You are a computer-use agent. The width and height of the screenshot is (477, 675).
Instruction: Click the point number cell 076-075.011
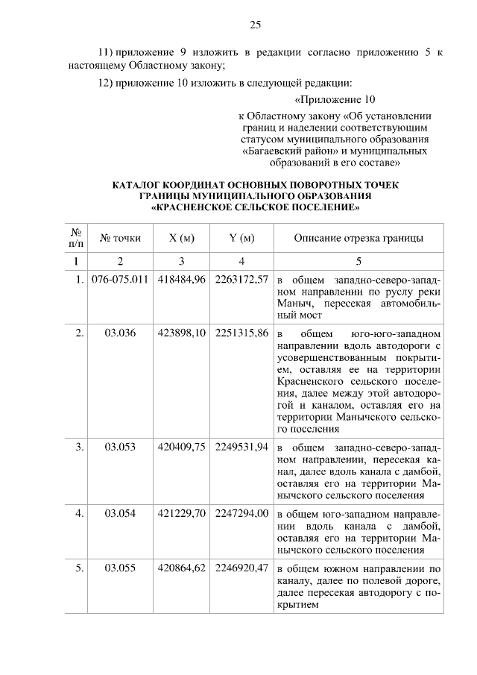pos(120,280)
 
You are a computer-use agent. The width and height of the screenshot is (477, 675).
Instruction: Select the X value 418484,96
pos(182,280)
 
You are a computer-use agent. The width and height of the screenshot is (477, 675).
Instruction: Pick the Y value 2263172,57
pos(241,280)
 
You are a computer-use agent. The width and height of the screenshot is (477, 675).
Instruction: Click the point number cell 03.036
pos(120,333)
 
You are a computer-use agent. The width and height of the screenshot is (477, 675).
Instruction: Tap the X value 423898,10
pos(182,333)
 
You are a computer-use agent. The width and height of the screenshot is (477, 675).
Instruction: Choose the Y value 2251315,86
pos(241,333)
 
